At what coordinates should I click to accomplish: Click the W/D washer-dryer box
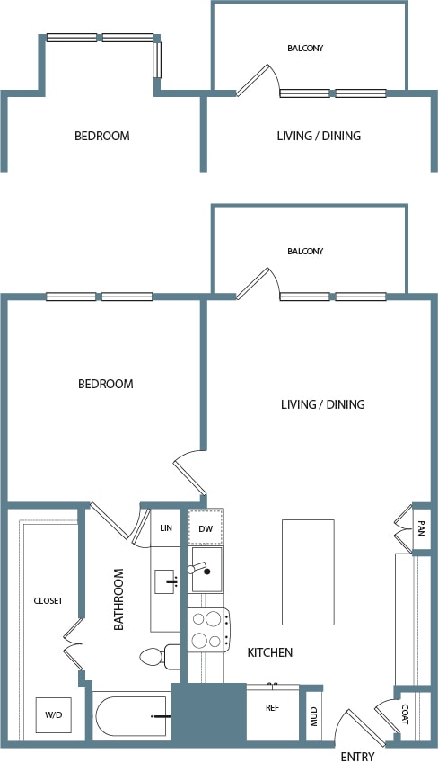point(53,714)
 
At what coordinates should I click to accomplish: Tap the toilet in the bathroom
point(160,657)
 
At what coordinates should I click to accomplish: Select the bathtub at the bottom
point(131,716)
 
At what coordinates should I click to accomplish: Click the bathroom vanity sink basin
point(164,582)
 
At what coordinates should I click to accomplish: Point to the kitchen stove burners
point(208,630)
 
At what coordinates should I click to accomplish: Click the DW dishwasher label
point(206,528)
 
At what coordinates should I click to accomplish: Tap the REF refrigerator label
point(272,708)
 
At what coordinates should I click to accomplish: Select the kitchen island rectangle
point(308,572)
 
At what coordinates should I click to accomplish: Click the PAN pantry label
point(421,527)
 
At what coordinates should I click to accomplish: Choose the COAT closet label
point(405,714)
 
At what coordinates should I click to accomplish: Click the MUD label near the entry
point(314,716)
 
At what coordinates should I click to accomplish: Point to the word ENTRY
point(357,758)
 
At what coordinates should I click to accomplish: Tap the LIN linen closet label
point(166,527)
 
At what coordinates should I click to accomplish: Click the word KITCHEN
point(269,652)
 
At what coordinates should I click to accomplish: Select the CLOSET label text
point(48,601)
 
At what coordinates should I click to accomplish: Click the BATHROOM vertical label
point(118,599)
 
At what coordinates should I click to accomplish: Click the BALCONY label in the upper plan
point(305,49)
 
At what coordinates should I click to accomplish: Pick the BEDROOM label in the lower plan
point(106,384)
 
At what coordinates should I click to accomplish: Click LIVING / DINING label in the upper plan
point(319,136)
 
